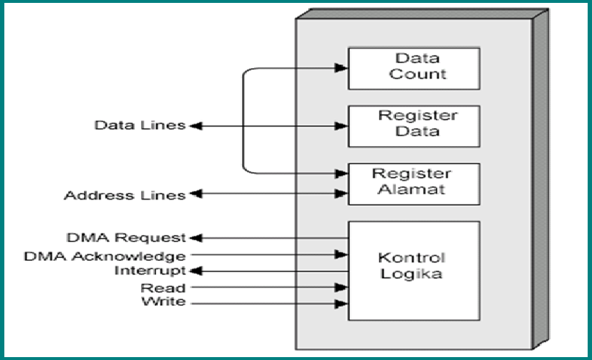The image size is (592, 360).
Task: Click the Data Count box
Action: pyautogui.click(x=413, y=68)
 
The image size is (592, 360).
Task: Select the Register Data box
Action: pyautogui.click(x=413, y=126)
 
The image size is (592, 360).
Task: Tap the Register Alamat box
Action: pyautogui.click(x=413, y=184)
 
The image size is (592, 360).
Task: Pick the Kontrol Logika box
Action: pyautogui.click(x=413, y=270)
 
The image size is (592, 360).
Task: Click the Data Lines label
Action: pyautogui.click(x=140, y=125)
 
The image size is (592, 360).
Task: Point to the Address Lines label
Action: pyautogui.click(x=124, y=195)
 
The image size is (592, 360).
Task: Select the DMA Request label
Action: pyautogui.click(x=126, y=237)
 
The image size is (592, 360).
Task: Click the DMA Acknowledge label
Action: pyautogui.click(x=104, y=255)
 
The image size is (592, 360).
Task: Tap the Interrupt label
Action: pyautogui.click(x=150, y=270)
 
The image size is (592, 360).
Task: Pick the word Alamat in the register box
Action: pyautogui.click(x=413, y=189)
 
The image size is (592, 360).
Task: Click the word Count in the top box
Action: pyautogui.click(x=418, y=74)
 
